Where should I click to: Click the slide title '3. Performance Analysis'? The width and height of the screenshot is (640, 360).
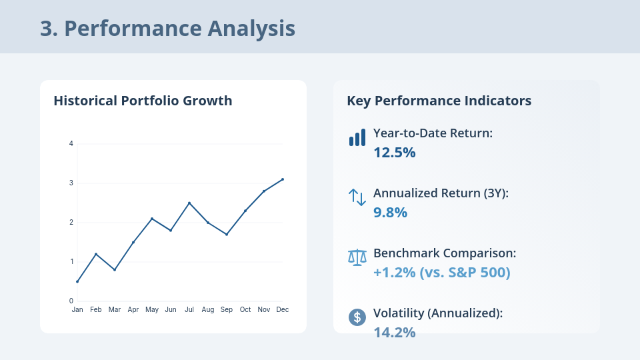tap(167, 29)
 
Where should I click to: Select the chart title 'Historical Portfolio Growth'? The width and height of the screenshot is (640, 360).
tap(143, 101)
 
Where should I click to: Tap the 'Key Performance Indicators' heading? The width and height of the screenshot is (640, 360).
tap(439, 101)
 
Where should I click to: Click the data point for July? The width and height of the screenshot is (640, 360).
tap(189, 203)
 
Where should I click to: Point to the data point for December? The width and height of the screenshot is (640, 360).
tap(283, 179)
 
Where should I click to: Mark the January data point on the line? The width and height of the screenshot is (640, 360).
tap(77, 281)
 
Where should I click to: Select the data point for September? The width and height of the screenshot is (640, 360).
tap(227, 235)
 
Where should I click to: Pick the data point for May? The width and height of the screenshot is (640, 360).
tap(152, 219)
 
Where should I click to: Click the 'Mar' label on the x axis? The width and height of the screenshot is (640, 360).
tap(115, 310)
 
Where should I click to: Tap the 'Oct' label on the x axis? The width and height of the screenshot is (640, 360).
tap(245, 310)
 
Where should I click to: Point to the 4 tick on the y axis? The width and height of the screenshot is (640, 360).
tap(71, 144)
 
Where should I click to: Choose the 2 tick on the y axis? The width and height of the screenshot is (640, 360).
tap(71, 223)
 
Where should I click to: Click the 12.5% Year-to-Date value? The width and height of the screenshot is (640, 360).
tap(394, 152)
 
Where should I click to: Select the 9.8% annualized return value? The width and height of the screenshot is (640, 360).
tap(390, 212)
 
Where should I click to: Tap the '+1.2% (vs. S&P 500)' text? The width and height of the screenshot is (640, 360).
tap(441, 272)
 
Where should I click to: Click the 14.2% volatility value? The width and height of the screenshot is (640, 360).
tap(394, 332)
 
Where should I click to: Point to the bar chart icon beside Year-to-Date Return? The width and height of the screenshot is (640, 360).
tap(357, 138)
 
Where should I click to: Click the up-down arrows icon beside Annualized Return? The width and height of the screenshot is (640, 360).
tap(357, 197)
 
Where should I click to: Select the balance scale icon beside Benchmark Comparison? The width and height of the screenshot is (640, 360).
tap(357, 257)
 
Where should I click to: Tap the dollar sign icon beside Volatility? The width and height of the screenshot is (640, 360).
tap(357, 317)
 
